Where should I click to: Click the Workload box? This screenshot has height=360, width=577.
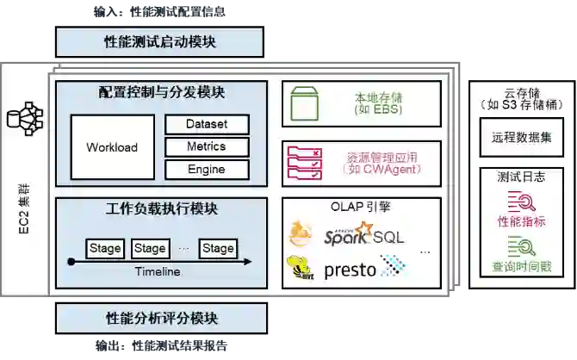112,147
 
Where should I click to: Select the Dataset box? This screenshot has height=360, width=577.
207,125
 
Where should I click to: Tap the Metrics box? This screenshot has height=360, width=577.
207,147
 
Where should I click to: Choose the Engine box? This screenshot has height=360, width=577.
207,170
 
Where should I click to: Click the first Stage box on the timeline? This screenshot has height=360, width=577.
105,249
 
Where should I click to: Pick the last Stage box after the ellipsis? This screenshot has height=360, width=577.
218,249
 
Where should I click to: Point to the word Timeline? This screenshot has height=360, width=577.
157,272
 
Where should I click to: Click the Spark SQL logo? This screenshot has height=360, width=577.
363,234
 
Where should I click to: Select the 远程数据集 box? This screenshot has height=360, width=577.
515,137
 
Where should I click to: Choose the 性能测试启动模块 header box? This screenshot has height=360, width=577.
159,42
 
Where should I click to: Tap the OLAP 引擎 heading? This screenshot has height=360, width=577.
361,208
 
